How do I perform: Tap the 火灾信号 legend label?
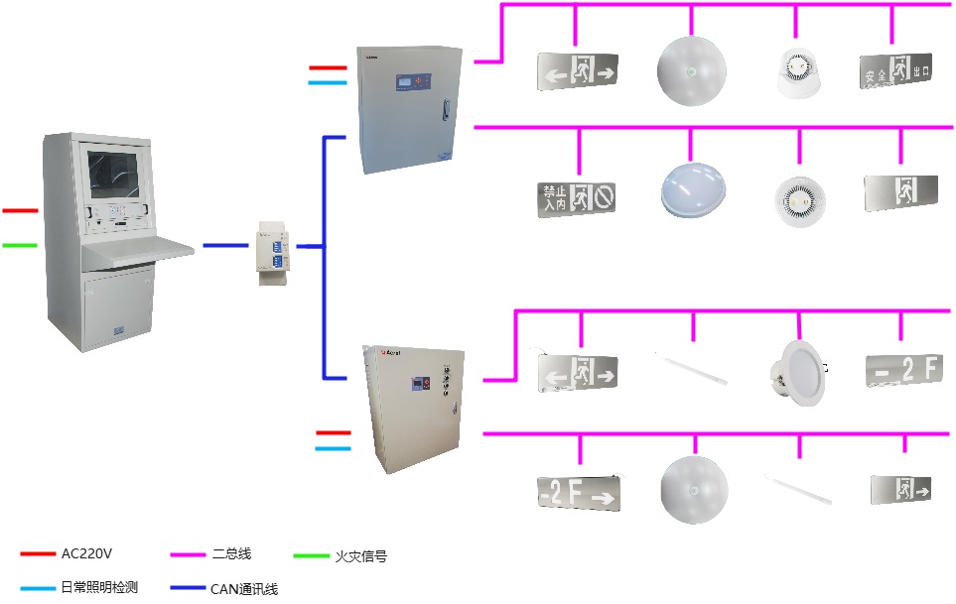(x=360, y=556)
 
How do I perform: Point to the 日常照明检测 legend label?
(x=99, y=587)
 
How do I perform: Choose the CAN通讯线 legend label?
(x=243, y=588)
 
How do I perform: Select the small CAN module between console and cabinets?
(x=271, y=247)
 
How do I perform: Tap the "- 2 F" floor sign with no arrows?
(x=901, y=368)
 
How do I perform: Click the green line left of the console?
(x=20, y=244)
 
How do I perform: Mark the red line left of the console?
(x=20, y=211)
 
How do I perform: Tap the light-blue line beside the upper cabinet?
(x=328, y=82)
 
